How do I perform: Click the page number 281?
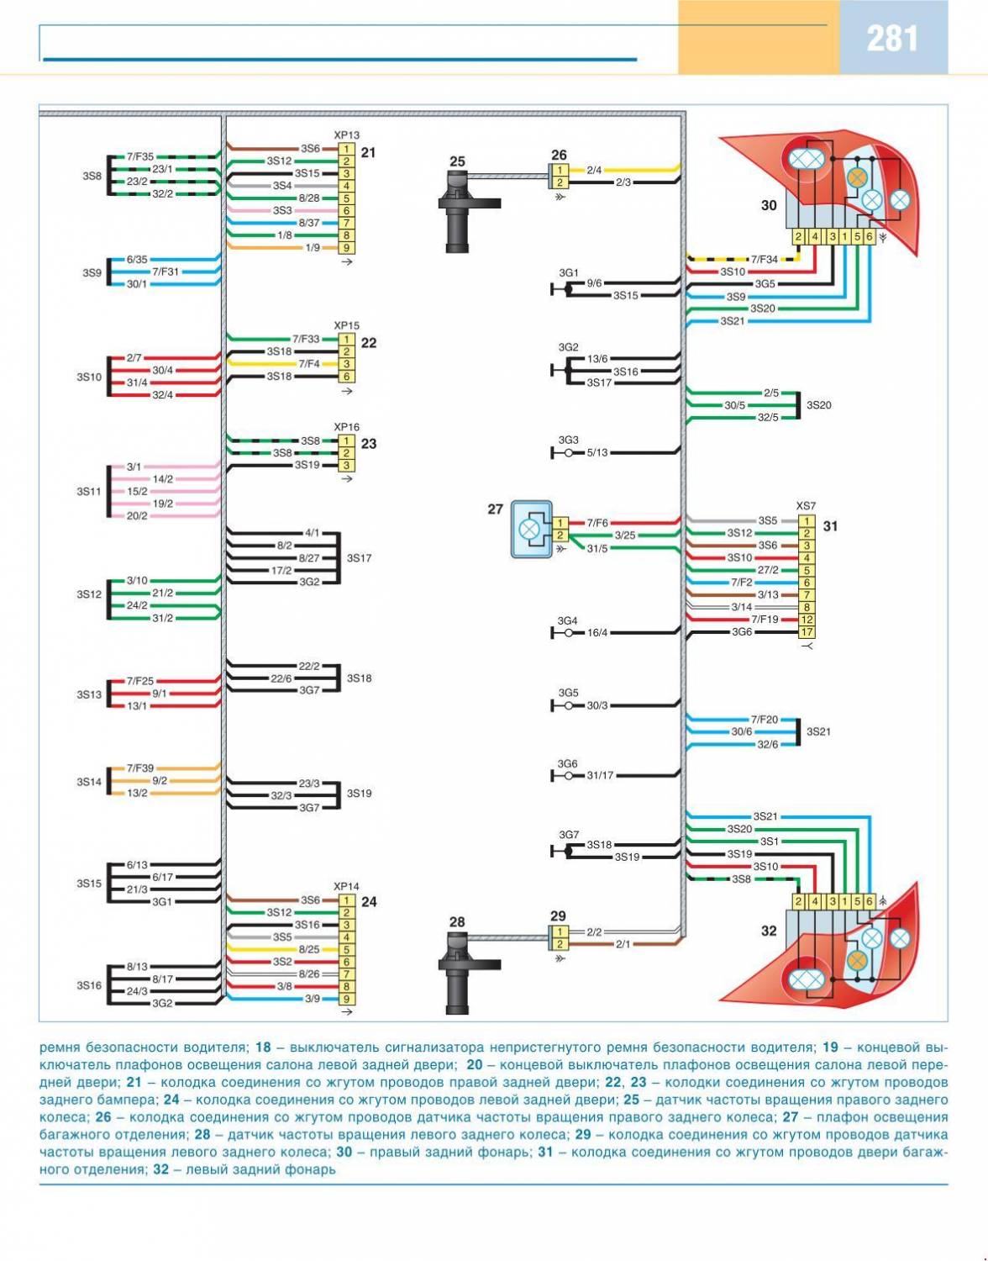point(892,39)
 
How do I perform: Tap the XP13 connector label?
point(346,135)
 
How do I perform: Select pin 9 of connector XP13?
point(345,248)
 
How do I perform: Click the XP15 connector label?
point(346,325)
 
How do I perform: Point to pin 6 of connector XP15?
point(345,377)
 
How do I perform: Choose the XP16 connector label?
point(346,427)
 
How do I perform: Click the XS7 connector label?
point(806,506)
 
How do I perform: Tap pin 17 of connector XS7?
point(807,632)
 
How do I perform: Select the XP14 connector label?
point(346,886)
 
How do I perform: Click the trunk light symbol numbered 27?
point(530,530)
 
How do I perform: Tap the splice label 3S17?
point(359,558)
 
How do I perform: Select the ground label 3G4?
point(568,621)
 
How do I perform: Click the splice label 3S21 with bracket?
point(818,731)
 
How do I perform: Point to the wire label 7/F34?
point(764,259)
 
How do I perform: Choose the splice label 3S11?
point(89,491)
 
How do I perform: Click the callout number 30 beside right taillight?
point(769,204)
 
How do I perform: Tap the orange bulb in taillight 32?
point(856,961)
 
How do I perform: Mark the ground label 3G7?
point(569,835)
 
